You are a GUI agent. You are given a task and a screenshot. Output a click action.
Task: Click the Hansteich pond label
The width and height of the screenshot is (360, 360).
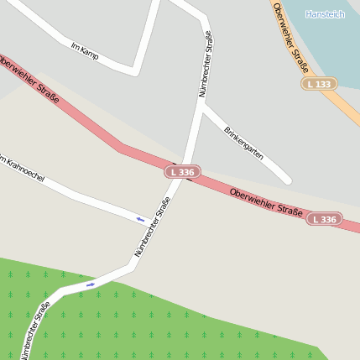pyautogui.click(x=325, y=14)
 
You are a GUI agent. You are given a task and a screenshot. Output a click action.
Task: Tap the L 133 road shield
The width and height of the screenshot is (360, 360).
pyautogui.click(x=319, y=84)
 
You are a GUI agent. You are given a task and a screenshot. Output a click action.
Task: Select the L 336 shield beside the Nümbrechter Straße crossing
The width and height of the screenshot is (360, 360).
pyautogui.click(x=182, y=172)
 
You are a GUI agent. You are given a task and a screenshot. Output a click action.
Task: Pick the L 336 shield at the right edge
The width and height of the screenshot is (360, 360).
pyautogui.click(x=324, y=219)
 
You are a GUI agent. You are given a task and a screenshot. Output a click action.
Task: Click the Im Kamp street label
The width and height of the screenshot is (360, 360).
pyautogui.click(x=85, y=51)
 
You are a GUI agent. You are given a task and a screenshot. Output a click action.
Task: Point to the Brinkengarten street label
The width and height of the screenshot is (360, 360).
pyautogui.click(x=243, y=143)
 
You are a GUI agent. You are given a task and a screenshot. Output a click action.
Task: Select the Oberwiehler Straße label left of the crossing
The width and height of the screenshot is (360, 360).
pyautogui.click(x=30, y=81)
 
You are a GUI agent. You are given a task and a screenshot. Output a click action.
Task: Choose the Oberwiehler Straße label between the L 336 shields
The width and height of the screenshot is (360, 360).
pyautogui.click(x=266, y=201)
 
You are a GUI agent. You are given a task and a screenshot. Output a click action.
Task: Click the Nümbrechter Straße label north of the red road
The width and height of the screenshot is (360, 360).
pyautogui.click(x=205, y=65)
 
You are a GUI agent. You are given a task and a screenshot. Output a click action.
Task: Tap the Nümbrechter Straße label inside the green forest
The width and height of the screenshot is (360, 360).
pyautogui.click(x=35, y=331)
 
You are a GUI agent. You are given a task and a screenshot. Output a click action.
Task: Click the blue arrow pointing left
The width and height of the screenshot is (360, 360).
pyautogui.click(x=140, y=220)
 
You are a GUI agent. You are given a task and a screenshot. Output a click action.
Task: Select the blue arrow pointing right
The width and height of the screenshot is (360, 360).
pyautogui.click(x=91, y=284)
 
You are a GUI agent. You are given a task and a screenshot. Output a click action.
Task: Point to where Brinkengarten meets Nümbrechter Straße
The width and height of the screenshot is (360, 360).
pyautogui.click(x=201, y=105)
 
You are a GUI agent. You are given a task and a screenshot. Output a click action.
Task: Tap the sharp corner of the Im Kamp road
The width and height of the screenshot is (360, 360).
pyautogui.click(x=135, y=70)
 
